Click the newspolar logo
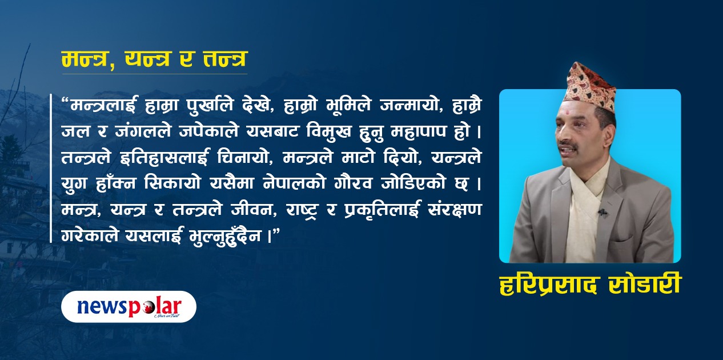click(x=129, y=307)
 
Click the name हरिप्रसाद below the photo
click(x=547, y=285)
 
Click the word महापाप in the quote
click(x=418, y=132)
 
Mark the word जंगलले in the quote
click(x=143, y=132)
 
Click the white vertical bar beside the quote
click(x=51, y=168)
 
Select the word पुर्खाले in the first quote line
click(x=210, y=105)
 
